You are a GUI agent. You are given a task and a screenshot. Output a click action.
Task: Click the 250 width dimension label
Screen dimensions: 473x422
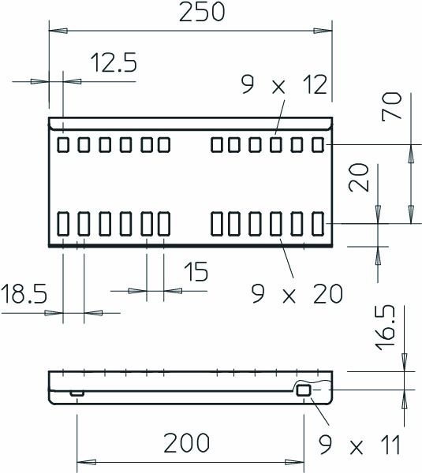191,13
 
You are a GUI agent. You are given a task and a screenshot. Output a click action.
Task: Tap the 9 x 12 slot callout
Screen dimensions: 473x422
284,85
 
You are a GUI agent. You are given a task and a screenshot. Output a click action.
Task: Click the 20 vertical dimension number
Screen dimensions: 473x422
358,179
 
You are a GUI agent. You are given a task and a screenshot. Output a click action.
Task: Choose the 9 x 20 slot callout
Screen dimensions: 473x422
297,293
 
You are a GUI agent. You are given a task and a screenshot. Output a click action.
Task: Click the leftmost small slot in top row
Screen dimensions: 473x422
63,144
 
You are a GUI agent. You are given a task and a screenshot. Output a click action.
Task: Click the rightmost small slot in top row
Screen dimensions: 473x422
318,144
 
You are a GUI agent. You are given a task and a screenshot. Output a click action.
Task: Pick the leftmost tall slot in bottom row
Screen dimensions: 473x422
63,223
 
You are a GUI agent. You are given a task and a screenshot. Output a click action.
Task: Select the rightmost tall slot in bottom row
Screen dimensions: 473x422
318,223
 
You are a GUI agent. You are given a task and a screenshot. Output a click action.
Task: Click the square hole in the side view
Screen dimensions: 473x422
304,391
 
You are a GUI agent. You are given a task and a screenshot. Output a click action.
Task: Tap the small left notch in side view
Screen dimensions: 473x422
77,392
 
